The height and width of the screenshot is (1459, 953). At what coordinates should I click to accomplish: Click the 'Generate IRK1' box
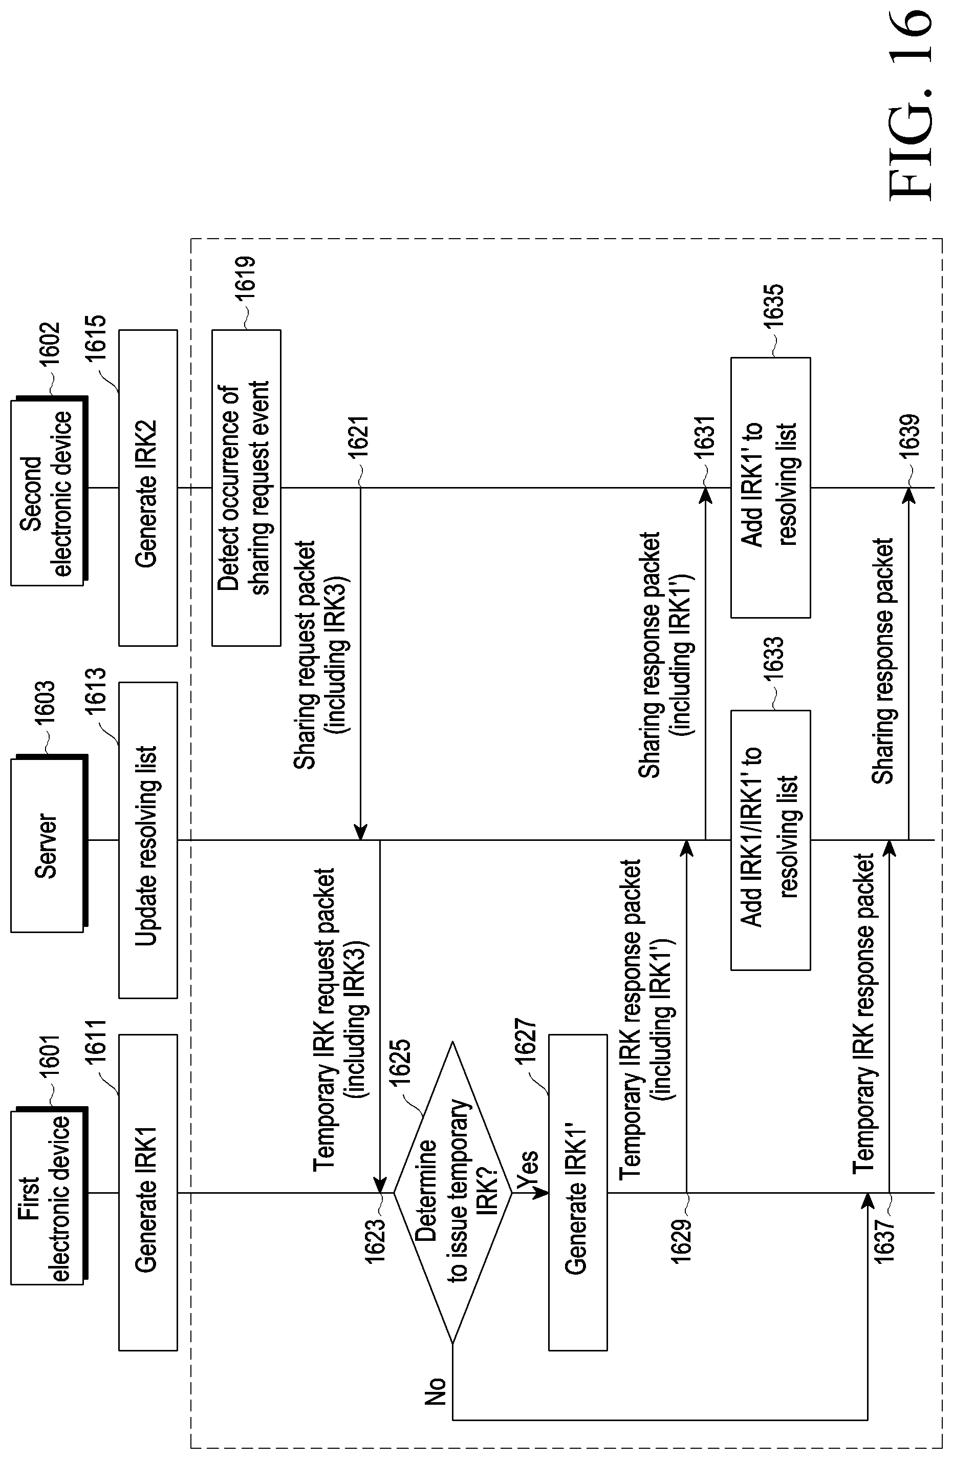(x=148, y=1192)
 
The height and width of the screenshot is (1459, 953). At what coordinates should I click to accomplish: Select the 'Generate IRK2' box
(x=148, y=488)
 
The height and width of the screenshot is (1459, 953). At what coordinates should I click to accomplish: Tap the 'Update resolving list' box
(x=148, y=840)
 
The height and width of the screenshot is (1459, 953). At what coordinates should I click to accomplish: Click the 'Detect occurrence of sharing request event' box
(x=246, y=488)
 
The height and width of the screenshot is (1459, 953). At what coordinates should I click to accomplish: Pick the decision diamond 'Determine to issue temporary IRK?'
(x=452, y=1192)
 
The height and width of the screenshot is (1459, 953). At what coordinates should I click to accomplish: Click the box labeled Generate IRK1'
(x=578, y=1192)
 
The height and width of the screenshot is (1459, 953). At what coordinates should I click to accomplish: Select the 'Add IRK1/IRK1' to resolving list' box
(x=770, y=840)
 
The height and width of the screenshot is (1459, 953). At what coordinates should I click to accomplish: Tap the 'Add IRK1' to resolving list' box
(x=770, y=488)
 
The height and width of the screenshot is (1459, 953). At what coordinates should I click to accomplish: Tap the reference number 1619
(x=246, y=279)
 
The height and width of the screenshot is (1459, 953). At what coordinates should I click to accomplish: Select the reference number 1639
(x=909, y=436)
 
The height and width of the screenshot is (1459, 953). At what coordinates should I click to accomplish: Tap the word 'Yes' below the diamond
(x=527, y=1170)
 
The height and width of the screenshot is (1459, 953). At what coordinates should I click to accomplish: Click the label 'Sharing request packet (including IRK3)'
(x=320, y=654)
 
